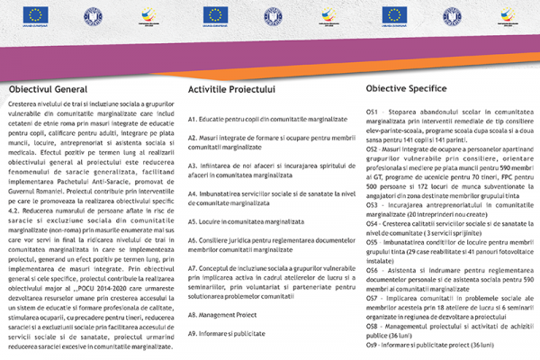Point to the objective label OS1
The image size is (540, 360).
click(x=372, y=112)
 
